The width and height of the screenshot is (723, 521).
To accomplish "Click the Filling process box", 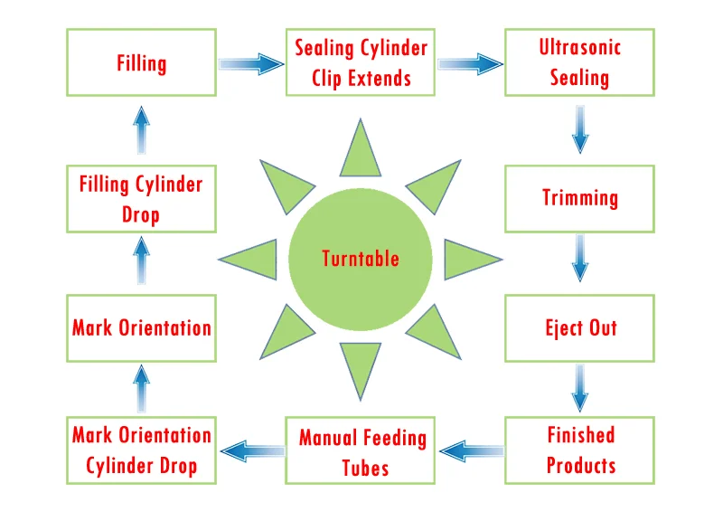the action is click(141, 62).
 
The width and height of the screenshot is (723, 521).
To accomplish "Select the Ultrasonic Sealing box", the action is click(579, 62).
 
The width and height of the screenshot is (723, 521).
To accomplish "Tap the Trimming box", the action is click(579, 198).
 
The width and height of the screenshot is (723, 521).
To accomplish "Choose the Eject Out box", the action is click(579, 328).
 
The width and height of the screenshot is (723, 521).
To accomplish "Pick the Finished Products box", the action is click(579, 450).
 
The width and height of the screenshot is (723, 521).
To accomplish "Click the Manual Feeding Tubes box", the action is click(360, 450).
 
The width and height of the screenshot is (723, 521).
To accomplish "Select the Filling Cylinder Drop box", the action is click(141, 198).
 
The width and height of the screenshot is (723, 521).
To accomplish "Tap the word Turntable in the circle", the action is click(360, 259).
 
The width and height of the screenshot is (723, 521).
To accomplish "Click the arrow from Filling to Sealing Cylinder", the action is click(251, 63).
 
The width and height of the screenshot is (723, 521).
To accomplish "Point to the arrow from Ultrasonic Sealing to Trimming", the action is click(579, 129).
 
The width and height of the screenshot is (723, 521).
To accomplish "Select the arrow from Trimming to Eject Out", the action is click(579, 258).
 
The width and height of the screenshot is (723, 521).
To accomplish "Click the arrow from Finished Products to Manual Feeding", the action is click(472, 450).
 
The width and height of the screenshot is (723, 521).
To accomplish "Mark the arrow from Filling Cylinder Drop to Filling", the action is click(141, 130).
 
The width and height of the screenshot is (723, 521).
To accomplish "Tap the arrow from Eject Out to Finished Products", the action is click(579, 388).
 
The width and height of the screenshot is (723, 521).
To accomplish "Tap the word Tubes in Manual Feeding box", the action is click(365, 468).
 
